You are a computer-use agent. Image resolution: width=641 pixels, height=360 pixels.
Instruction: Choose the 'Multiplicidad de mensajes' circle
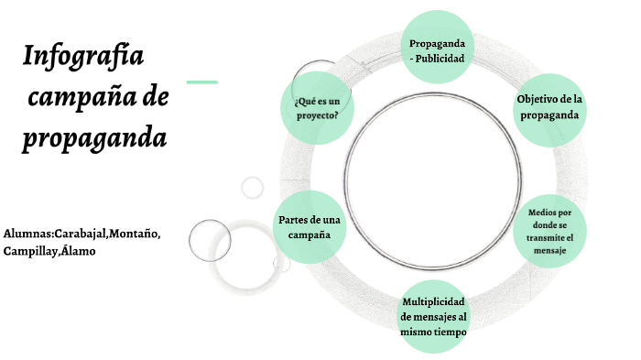pyautogui.click(x=435, y=316)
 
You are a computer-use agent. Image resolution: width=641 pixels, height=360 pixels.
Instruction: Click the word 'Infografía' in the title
pyautogui.click(x=84, y=58)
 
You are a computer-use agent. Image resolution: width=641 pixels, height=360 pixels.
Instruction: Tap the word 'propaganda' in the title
pyautogui.click(x=94, y=139)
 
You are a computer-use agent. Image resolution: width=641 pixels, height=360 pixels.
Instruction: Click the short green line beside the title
pyautogui.click(x=201, y=82)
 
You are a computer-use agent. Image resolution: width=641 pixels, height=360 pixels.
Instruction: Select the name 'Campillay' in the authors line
pyautogui.click(x=28, y=250)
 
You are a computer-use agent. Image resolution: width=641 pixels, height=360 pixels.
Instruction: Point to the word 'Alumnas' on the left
pyautogui.click(x=27, y=234)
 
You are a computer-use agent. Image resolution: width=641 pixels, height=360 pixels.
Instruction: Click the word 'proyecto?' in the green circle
pyautogui.click(x=318, y=115)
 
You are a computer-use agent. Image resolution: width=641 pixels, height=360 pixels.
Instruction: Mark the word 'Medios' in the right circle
pyautogui.click(x=541, y=213)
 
